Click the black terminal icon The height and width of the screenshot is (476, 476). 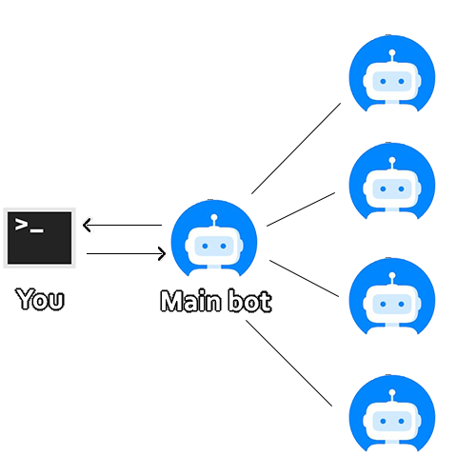(x=39, y=238)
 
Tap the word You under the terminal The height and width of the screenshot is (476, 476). (x=40, y=299)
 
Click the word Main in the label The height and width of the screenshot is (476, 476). (x=190, y=301)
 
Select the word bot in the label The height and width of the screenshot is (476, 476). (x=250, y=301)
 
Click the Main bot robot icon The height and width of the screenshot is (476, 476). (x=214, y=238)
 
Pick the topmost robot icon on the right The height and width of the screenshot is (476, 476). (x=392, y=73)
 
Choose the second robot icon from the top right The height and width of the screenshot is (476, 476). (x=392, y=181)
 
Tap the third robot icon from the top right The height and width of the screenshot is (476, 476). (x=392, y=296)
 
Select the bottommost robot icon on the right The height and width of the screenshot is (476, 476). (x=392, y=413)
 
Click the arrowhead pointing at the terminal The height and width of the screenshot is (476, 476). (x=87, y=225)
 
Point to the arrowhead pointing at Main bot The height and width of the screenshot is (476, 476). (x=162, y=253)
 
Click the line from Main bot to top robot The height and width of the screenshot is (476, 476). (x=296, y=149)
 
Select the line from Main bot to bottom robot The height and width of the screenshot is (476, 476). (x=289, y=363)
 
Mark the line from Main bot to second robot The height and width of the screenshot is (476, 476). (x=301, y=209)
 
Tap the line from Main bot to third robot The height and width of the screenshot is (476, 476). (x=305, y=278)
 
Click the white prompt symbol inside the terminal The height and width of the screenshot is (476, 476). (x=30, y=225)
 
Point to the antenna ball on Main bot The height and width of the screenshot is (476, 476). (x=214, y=217)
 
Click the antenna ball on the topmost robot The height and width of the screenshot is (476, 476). (x=392, y=52)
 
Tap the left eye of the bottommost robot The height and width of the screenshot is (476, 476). (x=383, y=421)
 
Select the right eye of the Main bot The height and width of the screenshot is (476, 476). (x=223, y=246)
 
